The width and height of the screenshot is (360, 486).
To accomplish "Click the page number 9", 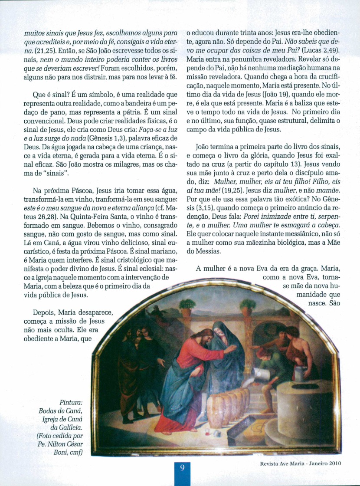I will [x=182, y=467].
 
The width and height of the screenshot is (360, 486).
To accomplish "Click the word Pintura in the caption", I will [x=70, y=402].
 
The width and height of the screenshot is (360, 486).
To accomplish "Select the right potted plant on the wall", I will [x=248, y=306].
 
